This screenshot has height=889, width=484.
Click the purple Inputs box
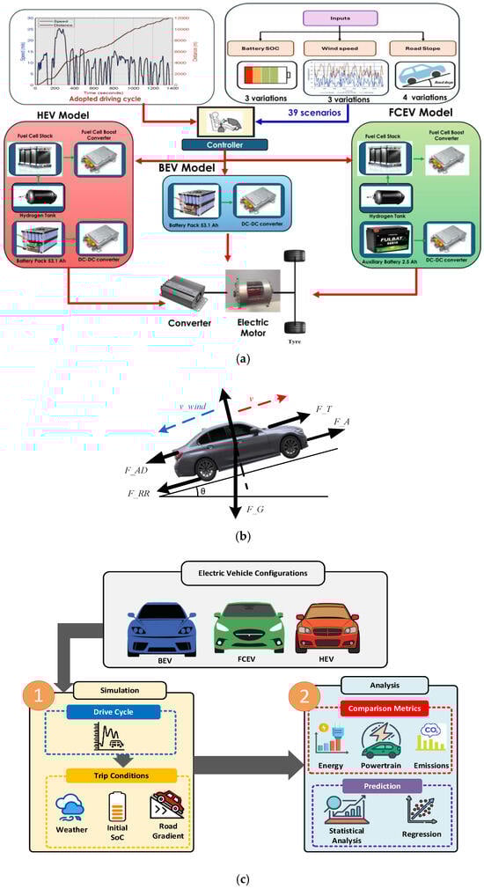353,18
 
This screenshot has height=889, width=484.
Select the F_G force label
255,511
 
